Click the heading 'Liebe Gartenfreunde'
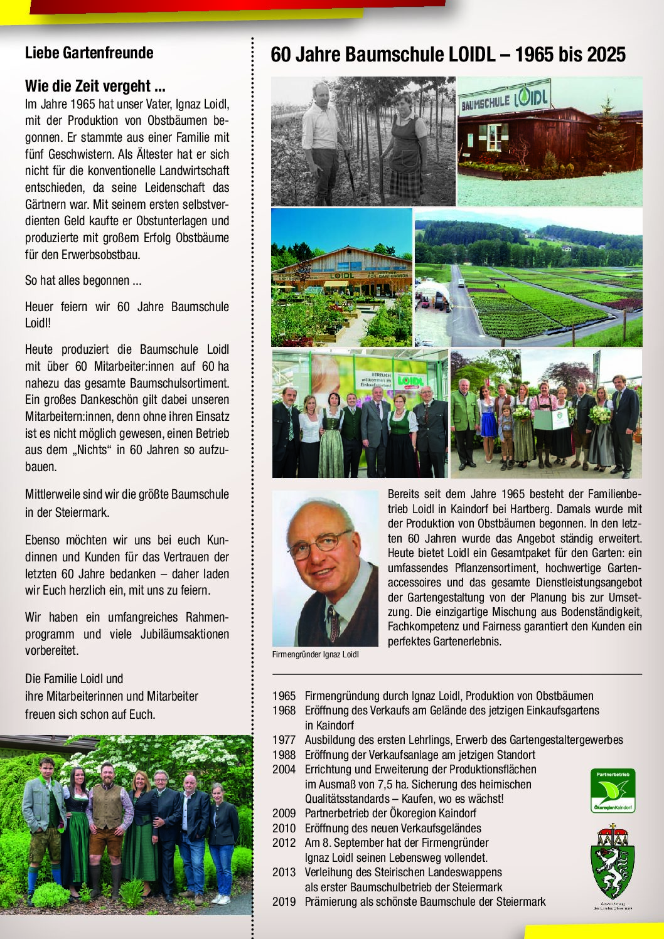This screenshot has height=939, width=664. [89, 53]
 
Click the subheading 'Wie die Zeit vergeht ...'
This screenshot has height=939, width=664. [95, 86]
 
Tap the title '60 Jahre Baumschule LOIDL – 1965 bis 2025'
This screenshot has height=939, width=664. [447, 55]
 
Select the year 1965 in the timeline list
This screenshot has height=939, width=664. [284, 696]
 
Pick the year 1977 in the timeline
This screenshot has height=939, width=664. [284, 740]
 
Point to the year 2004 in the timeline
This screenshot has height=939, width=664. [284, 769]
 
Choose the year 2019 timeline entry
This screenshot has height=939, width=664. [284, 901]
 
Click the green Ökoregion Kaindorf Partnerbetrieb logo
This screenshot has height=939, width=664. [613, 790]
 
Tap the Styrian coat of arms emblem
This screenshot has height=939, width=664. [613, 863]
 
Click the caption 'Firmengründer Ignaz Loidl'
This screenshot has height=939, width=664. [315, 655]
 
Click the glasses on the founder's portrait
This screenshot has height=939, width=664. [321, 541]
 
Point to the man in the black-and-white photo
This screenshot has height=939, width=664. [323, 141]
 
